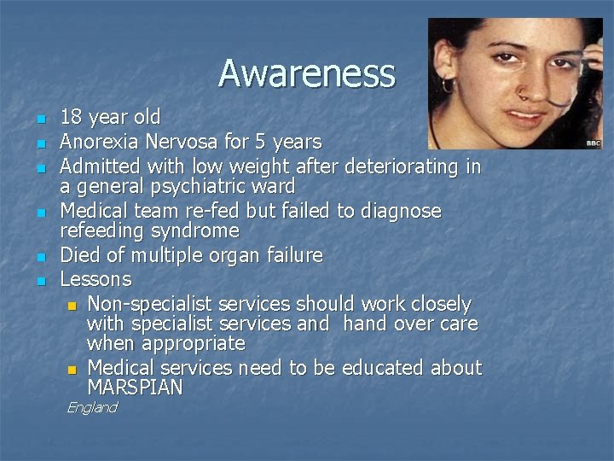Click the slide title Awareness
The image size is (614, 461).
point(306,73)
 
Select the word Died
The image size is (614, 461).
point(80,255)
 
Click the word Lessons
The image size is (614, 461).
point(96,279)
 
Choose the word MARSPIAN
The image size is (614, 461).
point(135,388)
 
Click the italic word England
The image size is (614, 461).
point(91,408)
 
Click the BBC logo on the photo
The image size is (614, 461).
point(594,143)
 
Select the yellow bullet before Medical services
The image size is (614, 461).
point(72,370)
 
